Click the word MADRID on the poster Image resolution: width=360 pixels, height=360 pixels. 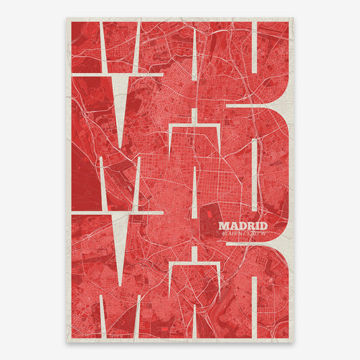[x=243, y=226]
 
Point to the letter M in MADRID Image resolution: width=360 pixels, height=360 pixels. [x=225, y=226]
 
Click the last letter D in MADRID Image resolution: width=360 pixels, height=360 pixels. [x=263, y=226]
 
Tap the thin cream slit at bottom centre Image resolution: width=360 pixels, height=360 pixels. [x=195, y=317]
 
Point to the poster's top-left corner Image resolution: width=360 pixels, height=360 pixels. [x=68, y=18]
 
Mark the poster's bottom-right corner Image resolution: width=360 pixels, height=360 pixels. [x=293, y=342]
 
